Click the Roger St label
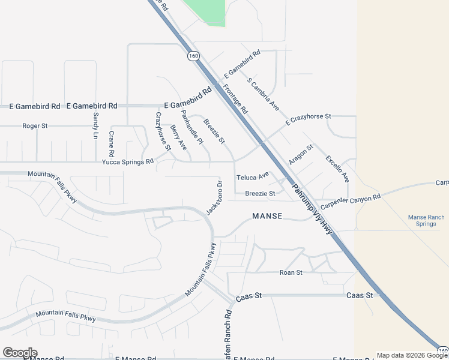(35, 126)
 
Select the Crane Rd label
(111, 141)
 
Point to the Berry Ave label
(178, 137)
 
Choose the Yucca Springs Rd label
(128, 161)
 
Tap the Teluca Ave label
(252, 177)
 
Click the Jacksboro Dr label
(214, 197)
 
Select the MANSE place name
(267, 216)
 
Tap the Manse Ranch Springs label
(426, 220)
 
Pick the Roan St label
(291, 272)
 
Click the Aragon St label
(301, 155)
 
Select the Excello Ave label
(337, 169)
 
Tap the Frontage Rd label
(235, 99)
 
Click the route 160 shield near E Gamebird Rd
(193, 56)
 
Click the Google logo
(20, 353)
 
